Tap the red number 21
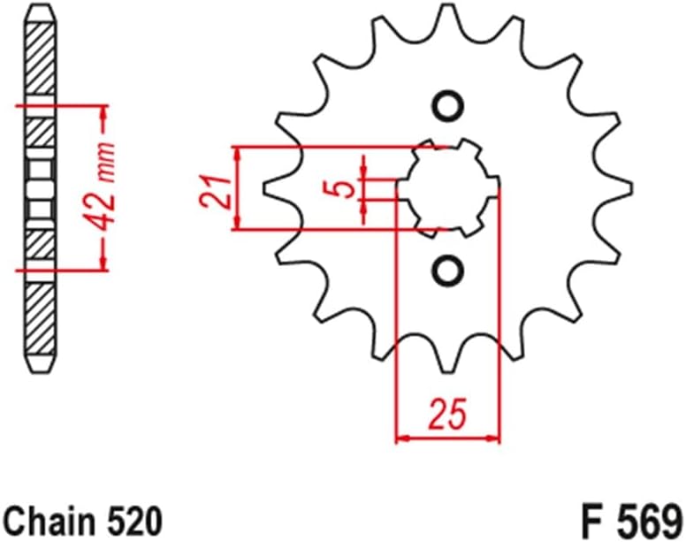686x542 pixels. click(215, 188)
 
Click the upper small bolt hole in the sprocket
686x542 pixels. click(448, 106)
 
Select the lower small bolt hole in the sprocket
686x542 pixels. click(448, 269)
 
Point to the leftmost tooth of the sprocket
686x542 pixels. click(276, 187)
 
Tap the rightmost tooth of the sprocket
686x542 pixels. click(621, 187)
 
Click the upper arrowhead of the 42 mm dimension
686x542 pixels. click(104, 113)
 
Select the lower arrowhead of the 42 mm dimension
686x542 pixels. click(104, 262)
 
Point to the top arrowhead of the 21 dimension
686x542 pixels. click(236, 152)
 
